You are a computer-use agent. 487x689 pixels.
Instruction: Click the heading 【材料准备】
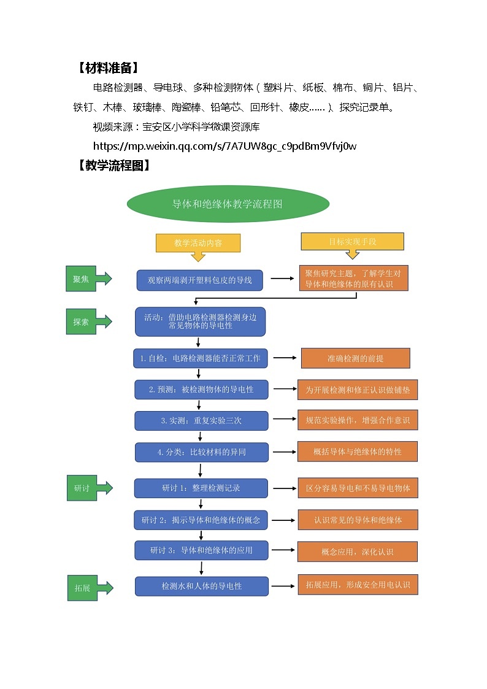tap(108, 67)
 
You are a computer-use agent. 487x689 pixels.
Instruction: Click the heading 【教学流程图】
tap(114, 166)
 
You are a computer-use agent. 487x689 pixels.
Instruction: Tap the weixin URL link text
tap(224, 146)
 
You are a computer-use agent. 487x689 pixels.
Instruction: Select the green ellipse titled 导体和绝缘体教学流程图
tap(228, 204)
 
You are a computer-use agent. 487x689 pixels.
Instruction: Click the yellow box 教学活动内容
tap(198, 243)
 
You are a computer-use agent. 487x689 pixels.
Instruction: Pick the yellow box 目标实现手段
tap(352, 242)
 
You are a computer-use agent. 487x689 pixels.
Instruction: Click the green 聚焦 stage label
tap(82, 279)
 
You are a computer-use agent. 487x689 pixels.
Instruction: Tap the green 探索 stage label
tap(82, 321)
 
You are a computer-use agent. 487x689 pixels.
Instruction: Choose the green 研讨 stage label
tap(82, 488)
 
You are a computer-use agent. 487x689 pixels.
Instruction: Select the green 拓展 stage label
tap(82, 588)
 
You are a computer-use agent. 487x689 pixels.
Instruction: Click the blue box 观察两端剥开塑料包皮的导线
tap(199, 280)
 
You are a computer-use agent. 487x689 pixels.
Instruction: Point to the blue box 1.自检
tap(201, 358)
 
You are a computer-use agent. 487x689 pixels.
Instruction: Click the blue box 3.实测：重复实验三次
tap(201, 421)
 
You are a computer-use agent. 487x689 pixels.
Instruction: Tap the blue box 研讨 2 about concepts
tap(201, 520)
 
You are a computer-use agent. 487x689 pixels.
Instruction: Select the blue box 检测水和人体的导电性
tap(202, 586)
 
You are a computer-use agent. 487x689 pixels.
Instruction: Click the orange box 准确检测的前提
tap(355, 358)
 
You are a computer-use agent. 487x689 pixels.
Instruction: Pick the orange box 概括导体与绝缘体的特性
tap(358, 452)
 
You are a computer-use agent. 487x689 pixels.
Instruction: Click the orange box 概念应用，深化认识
tap(358, 552)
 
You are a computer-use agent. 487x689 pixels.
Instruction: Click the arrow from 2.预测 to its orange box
tap(283, 389)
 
